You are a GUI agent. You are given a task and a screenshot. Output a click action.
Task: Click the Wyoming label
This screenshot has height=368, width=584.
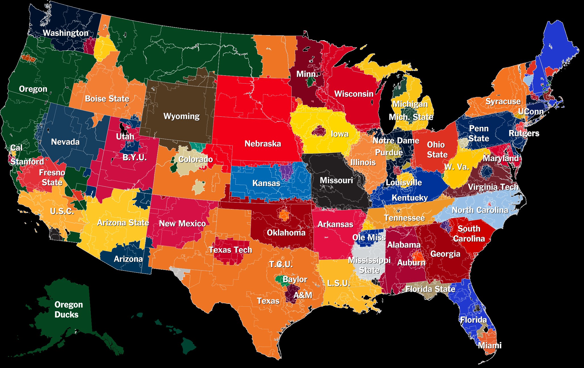182,116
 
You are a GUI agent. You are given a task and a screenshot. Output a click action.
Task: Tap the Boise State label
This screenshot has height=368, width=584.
107,99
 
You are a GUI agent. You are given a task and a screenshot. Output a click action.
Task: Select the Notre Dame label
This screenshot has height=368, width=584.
396,141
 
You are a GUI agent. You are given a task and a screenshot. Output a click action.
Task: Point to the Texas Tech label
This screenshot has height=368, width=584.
231,250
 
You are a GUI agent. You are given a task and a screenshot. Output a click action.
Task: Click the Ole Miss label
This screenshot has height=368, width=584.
369,237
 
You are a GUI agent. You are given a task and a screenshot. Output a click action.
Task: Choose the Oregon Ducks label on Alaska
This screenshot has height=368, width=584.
68,310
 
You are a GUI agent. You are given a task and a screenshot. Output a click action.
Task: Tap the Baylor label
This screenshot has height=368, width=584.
295,279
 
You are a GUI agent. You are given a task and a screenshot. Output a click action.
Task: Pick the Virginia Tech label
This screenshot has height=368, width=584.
493,187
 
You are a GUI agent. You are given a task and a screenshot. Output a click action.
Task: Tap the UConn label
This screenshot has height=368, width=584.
531,111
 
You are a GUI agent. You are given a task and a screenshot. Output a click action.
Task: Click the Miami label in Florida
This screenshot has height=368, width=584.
490,346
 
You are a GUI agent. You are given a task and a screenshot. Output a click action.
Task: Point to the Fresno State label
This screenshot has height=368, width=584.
52,177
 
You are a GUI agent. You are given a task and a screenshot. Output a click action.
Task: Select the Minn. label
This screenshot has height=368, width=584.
307,74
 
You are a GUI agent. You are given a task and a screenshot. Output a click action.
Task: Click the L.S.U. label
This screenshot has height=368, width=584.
338,283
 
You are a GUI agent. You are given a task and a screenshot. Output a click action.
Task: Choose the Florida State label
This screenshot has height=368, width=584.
430,289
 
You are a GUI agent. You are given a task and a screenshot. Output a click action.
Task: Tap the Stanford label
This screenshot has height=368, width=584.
27,162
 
